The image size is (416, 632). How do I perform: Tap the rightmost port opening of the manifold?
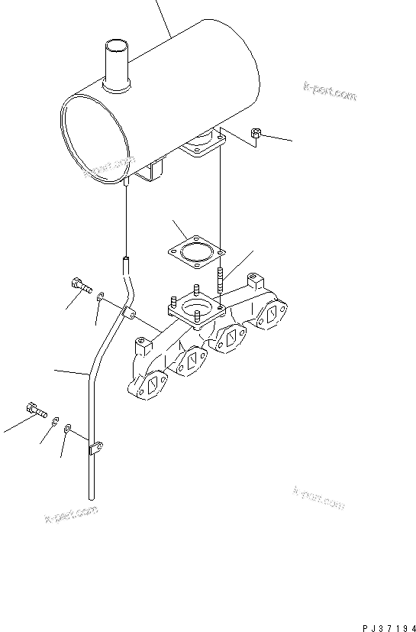(x=272, y=313)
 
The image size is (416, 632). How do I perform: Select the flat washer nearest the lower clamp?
(x=69, y=429)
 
